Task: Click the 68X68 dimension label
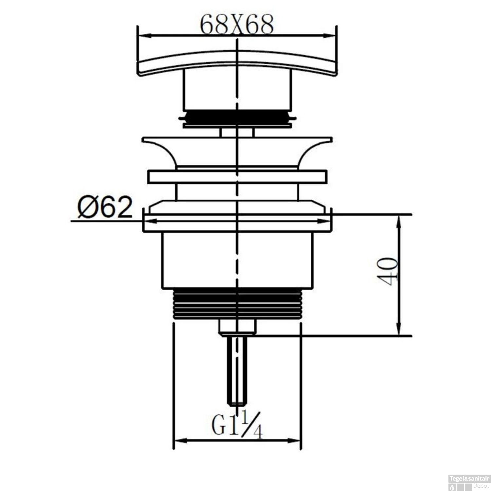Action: pos(236,25)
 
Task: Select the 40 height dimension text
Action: pos(388,271)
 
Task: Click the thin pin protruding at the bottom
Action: pos(237,370)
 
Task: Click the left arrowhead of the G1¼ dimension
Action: pos(179,440)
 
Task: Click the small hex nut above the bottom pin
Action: pos(237,327)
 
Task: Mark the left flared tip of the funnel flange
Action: pos(144,140)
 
